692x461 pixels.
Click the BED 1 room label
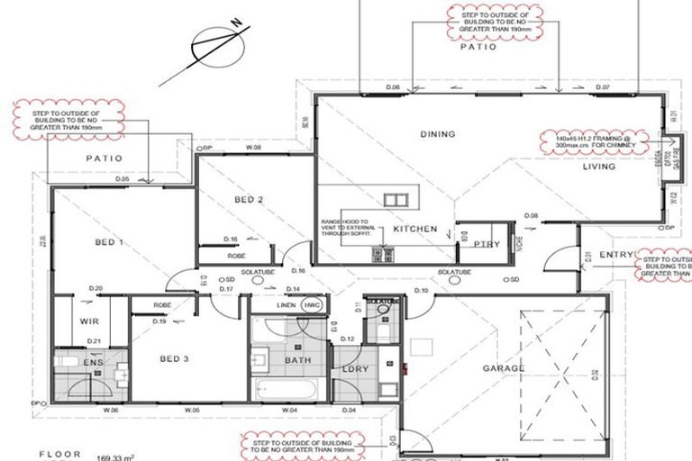tap(109, 243)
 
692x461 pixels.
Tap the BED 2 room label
tap(248, 200)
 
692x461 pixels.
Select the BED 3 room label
tap(174, 359)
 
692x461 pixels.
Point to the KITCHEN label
tap(414, 230)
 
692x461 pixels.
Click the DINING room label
tap(438, 135)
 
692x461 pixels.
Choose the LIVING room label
tap(598, 167)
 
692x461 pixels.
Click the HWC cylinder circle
tap(313, 304)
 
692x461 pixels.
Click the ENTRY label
tap(616, 255)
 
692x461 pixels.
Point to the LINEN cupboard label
tap(286, 304)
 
